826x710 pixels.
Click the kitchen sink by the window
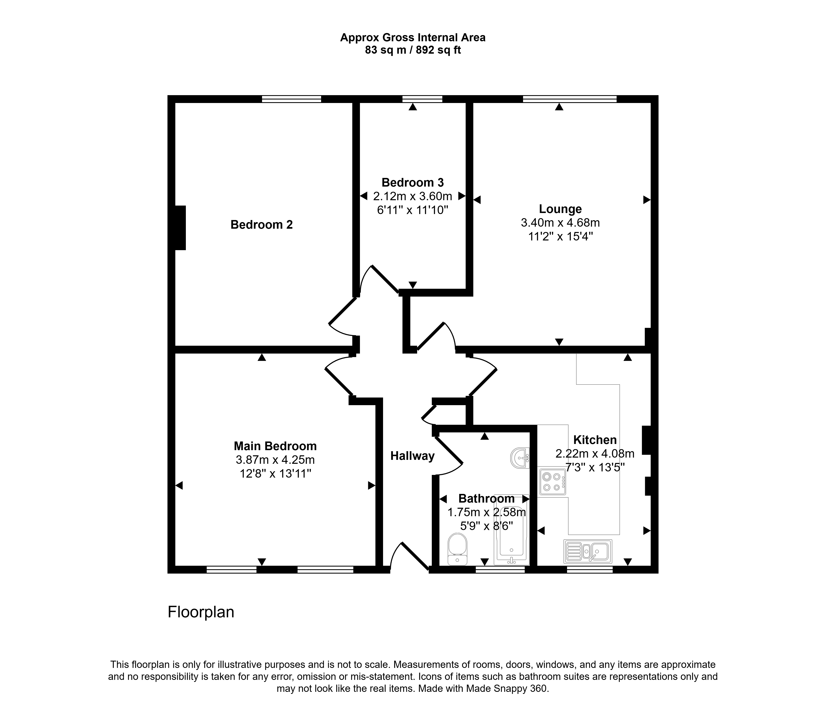click(x=588, y=551)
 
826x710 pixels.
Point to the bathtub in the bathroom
click(x=512, y=530)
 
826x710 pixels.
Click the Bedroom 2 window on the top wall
click(x=291, y=99)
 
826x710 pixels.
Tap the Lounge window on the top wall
click(x=570, y=99)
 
